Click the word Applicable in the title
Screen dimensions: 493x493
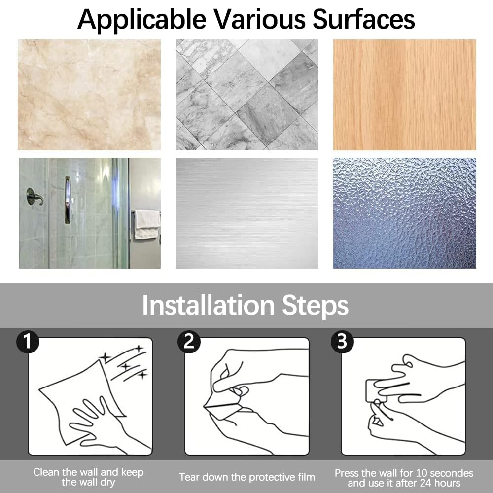(x=142, y=20)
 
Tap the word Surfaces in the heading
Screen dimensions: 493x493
(x=363, y=19)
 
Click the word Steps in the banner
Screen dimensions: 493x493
(x=316, y=306)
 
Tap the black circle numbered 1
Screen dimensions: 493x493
(x=28, y=342)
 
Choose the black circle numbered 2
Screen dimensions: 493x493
(x=189, y=342)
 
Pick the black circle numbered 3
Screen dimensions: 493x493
(x=342, y=342)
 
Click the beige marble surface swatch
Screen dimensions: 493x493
(x=89, y=95)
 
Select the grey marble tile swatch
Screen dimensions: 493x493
(x=247, y=95)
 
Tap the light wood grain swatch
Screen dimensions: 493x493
(x=405, y=95)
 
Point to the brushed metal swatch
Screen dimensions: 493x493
(x=247, y=213)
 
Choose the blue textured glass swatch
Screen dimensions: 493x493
(x=405, y=213)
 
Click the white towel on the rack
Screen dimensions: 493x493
(x=147, y=224)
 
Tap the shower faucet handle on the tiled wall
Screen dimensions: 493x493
(x=35, y=197)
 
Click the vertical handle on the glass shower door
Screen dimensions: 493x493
(x=67, y=200)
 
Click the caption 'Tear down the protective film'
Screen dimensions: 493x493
(x=247, y=477)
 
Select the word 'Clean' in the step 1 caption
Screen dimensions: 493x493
(x=46, y=472)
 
